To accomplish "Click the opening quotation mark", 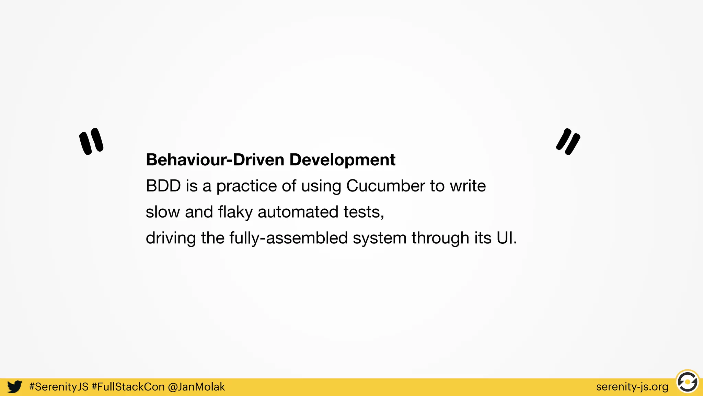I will pos(91,141).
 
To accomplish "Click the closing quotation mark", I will pos(568,141).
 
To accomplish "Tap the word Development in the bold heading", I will pos(342,160).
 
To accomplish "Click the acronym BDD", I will pos(163,186).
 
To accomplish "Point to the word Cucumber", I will pos(385,186).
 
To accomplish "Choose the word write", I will pos(468,186).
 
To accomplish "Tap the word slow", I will pos(163,212).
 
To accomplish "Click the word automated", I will pos(298,212).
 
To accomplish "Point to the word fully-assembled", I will pos(289,238).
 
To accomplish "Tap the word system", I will pos(380,238).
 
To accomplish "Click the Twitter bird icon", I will pos(15,387).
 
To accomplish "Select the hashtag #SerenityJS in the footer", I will pos(59,387).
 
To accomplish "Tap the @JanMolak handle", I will pos(196,387).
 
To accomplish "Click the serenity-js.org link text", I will pos(632,387).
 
